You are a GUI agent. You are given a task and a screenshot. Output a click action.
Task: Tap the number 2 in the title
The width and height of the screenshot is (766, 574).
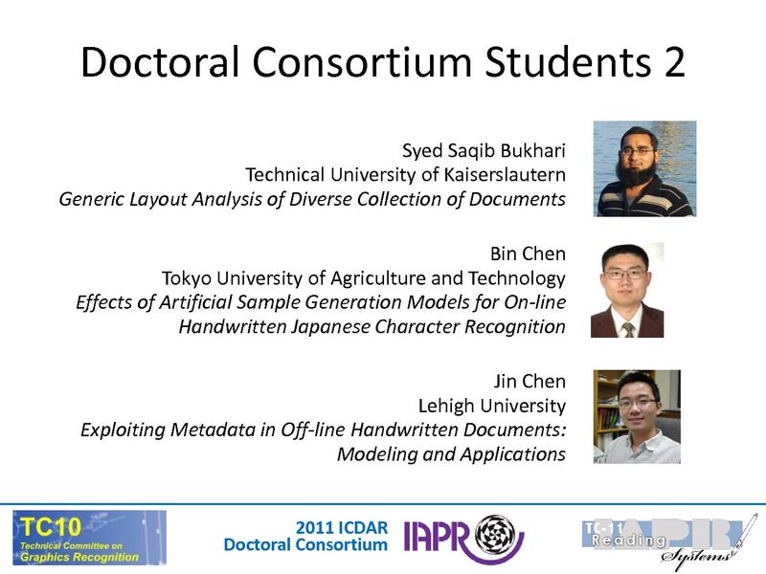point(670,62)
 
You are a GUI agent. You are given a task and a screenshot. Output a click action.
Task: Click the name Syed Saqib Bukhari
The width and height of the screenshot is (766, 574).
point(485,150)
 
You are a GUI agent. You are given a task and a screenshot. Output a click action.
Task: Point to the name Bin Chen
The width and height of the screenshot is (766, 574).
point(528,254)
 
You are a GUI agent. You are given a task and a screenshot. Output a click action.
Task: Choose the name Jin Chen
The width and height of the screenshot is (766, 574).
point(530,380)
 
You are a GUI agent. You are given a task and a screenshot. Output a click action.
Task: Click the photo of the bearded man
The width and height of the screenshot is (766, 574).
point(644,168)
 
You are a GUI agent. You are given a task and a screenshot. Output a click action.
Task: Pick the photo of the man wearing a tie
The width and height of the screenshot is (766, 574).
point(627,290)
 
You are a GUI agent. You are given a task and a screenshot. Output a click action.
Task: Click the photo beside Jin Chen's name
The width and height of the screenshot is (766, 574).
point(637,416)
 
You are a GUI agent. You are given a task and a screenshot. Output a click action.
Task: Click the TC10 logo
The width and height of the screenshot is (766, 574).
point(89,537)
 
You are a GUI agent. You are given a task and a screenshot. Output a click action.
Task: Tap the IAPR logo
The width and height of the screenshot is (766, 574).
point(463,538)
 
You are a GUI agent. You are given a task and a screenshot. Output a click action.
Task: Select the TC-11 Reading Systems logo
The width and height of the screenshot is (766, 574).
point(662,538)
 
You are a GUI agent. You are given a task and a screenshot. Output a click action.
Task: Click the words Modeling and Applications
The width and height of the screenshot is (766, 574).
point(451,453)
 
